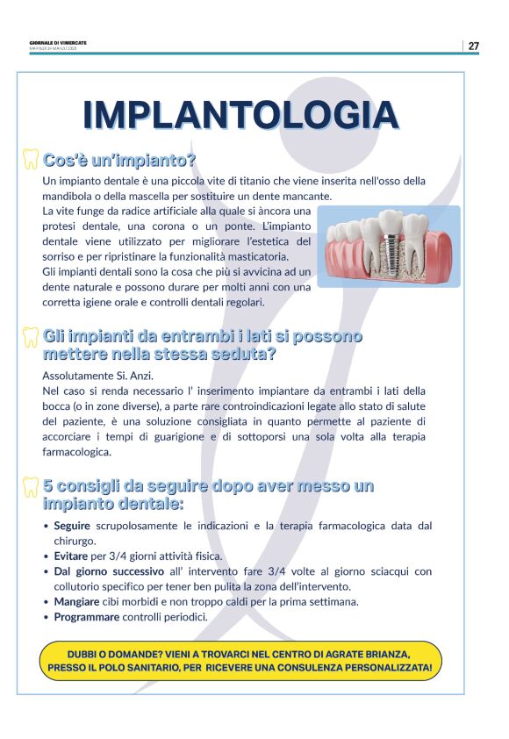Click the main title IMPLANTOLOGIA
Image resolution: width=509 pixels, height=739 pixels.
240,115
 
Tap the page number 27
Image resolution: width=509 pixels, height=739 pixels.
473,46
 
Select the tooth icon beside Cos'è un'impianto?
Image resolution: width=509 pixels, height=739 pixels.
31,160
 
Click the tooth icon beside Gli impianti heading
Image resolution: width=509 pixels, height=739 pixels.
31,335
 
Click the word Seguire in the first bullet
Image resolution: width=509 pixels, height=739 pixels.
72,526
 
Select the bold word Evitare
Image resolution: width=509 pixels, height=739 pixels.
70,556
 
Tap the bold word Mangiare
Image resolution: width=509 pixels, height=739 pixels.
76,601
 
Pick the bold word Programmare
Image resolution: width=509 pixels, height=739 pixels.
86,617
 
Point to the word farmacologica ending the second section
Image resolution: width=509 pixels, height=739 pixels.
77,452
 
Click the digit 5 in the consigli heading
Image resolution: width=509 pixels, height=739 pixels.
48,485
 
